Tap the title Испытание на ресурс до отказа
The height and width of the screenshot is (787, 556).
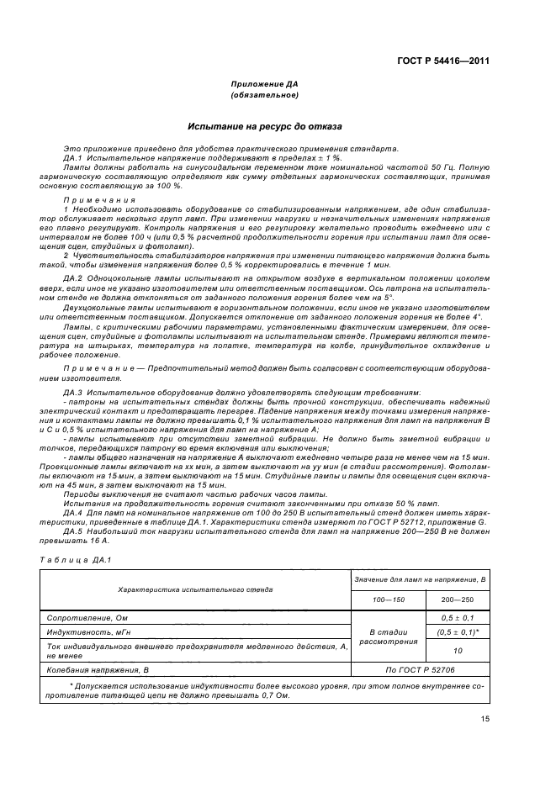tap(264, 127)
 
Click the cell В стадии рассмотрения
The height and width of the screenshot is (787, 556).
tap(388, 637)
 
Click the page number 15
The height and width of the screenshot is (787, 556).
tap(485, 718)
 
